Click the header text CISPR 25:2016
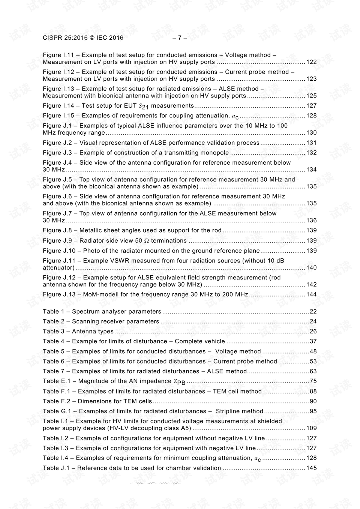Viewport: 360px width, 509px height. [65, 38]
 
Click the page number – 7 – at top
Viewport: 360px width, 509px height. [180, 38]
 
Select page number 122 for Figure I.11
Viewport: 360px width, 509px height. [311, 62]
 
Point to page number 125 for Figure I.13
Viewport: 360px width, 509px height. [311, 96]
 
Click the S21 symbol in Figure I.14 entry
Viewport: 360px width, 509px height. [144, 107]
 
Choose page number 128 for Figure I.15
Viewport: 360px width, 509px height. [311, 116]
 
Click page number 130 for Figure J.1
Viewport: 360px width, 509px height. [311, 133]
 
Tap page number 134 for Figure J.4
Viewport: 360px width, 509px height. [311, 170]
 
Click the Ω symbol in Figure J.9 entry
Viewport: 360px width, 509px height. [146, 241]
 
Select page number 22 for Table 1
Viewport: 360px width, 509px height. [313, 312]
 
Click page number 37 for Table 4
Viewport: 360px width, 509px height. [313, 342]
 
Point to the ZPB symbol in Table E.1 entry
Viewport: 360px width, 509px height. [179, 382]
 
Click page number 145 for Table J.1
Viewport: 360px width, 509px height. [311, 468]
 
